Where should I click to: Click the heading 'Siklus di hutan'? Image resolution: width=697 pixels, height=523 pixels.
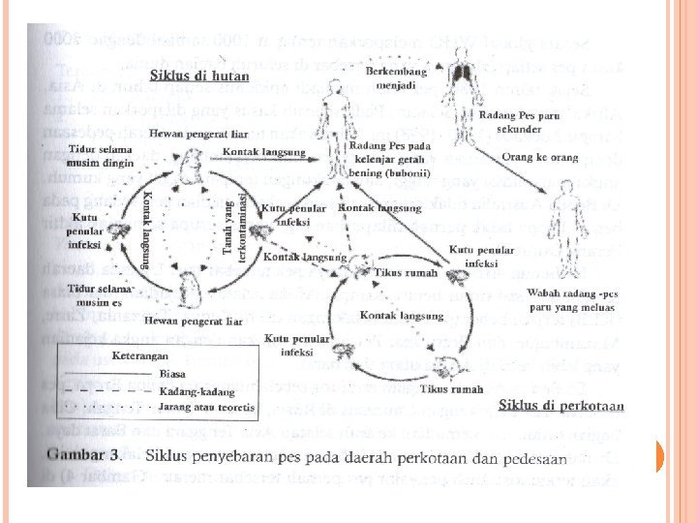tap(201, 75)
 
